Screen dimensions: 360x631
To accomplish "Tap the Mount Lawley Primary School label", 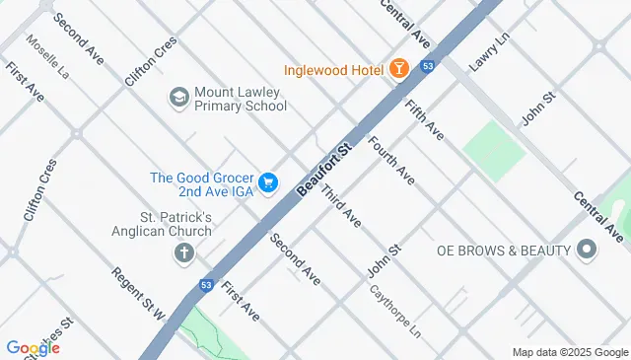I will coord(239,99).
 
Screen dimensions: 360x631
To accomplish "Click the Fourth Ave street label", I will coord(390,160).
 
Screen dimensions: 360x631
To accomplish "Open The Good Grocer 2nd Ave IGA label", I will coord(202,184).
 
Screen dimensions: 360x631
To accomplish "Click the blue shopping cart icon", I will coord(268,183).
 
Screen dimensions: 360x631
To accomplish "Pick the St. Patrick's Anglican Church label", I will coord(175,224).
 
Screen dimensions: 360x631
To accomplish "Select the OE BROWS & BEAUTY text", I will coord(504,251).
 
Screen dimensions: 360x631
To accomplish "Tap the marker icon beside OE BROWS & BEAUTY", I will coord(588,251).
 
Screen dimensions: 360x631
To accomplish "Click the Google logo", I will coord(32,347).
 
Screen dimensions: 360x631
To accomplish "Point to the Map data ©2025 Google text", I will coord(569,352).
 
